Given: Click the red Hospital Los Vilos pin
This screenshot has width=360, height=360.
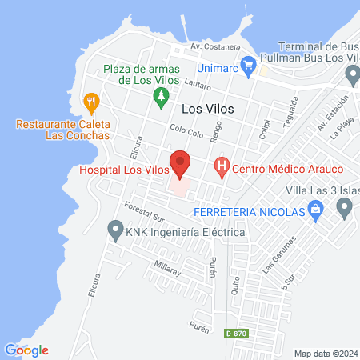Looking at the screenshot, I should click(x=180, y=163).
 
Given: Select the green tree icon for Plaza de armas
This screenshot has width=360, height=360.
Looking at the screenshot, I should click(x=161, y=97).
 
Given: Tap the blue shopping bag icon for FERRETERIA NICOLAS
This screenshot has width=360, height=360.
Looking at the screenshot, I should click(x=315, y=212).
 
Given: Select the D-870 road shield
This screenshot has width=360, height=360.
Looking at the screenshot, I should click(x=235, y=332).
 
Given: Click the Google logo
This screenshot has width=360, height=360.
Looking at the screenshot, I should click(x=26, y=350).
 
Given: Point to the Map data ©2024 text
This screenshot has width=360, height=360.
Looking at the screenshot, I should click(x=325, y=353).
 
